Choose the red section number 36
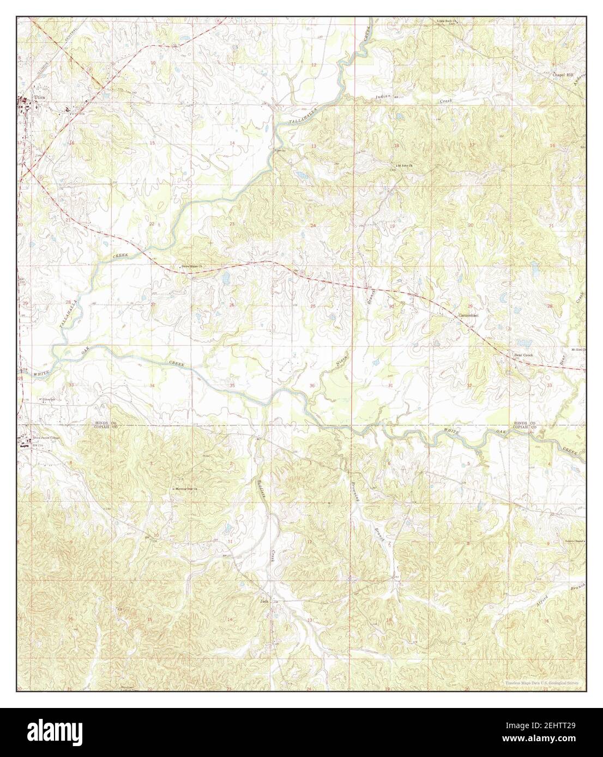click(311, 386)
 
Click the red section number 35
click(232, 386)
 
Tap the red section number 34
click(152, 386)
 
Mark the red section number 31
click(390, 386)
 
